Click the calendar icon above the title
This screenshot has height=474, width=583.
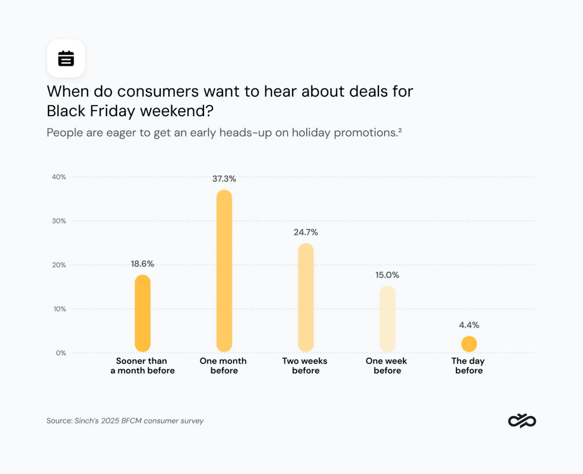click(66, 58)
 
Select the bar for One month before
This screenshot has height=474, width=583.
click(224, 271)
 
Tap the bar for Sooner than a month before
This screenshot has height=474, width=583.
click(143, 313)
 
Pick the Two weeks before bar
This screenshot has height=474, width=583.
click(306, 297)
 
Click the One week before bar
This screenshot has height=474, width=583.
click(387, 319)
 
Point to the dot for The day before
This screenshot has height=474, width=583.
click(469, 344)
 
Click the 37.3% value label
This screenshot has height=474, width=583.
click(224, 179)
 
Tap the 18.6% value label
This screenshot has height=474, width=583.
click(143, 264)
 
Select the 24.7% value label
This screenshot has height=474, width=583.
click(306, 232)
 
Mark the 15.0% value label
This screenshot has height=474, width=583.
click(387, 275)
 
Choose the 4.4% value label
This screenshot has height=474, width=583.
click(469, 325)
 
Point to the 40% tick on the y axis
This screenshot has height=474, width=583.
click(59, 177)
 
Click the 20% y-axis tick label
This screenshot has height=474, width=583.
click(59, 265)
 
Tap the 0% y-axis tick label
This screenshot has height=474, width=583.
click(61, 353)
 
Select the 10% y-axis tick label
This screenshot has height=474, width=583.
click(60, 309)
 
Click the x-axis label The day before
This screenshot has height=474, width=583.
click(468, 366)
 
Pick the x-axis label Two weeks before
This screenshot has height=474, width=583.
click(305, 366)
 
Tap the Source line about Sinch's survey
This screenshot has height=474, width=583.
click(125, 421)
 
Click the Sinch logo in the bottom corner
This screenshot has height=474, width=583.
click(522, 421)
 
